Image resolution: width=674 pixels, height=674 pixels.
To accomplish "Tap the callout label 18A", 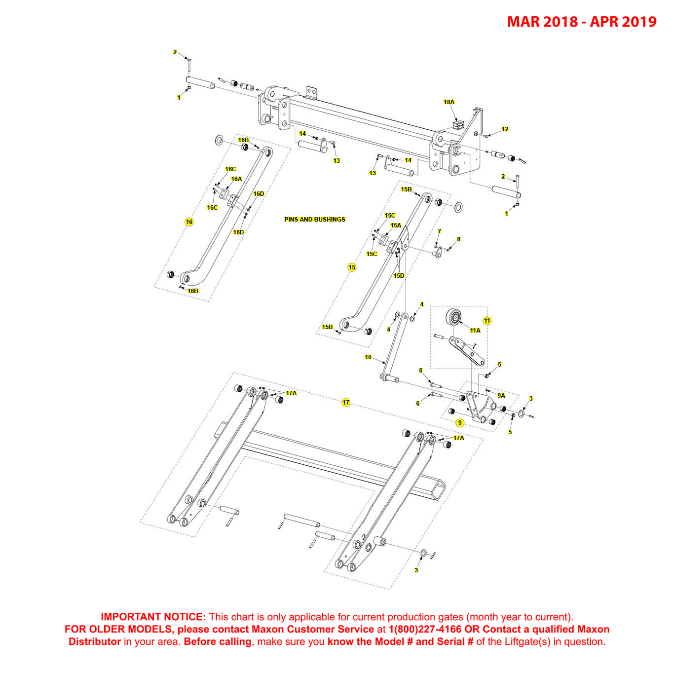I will tap(449, 102).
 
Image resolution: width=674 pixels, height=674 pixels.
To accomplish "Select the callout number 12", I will tap(505, 129).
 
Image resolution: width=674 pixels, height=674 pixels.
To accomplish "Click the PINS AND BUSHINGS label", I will tap(314, 220).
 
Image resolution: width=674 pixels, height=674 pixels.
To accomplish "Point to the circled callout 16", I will tap(189, 222).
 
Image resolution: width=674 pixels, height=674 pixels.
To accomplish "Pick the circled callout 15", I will tap(352, 267).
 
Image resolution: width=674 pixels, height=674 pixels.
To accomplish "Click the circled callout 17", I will tap(346, 403).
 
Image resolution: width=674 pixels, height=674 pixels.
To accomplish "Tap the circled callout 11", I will tap(487, 321).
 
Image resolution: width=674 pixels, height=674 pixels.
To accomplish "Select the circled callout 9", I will tap(460, 423).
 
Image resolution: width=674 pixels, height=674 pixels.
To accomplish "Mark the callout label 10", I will tap(368, 357).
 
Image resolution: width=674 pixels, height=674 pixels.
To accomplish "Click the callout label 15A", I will tap(396, 225).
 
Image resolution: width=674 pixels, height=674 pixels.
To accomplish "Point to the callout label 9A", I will tap(501, 396).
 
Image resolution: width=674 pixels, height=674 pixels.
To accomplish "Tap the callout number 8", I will tap(458, 239).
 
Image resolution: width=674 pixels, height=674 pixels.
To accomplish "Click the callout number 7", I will tap(439, 231).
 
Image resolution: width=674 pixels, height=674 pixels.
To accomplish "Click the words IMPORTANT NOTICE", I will tap(153, 617).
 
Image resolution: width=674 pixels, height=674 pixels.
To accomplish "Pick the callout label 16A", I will tap(236, 179).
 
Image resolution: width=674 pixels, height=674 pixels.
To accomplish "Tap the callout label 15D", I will tap(399, 276).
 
